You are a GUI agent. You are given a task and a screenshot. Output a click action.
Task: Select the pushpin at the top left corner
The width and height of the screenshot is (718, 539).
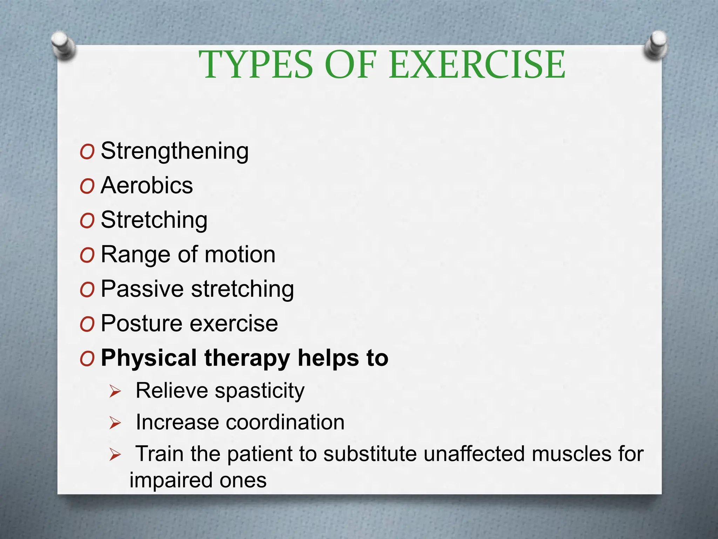63,45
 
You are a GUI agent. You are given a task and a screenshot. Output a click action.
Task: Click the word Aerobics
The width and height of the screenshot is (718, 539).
147,185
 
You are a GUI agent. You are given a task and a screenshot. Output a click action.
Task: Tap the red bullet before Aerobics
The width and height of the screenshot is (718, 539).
87,186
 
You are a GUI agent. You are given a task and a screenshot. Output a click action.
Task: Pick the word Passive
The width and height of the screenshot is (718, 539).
142,289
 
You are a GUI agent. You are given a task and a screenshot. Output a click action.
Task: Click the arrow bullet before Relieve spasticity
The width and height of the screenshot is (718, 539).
115,391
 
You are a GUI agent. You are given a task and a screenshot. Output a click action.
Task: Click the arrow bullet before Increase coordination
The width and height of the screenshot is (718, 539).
115,423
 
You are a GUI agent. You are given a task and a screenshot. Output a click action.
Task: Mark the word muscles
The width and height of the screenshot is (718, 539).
571,454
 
